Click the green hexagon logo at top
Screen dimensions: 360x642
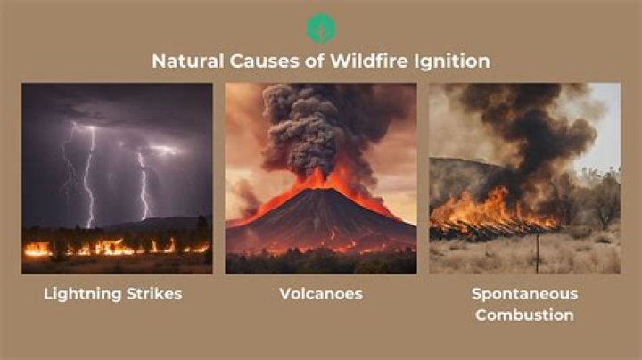tap(321, 28)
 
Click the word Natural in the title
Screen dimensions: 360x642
tap(185, 62)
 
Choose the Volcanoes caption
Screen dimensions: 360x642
tap(321, 294)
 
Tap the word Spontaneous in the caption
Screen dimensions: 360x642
tap(524, 294)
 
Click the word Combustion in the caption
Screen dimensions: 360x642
tap(524, 315)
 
